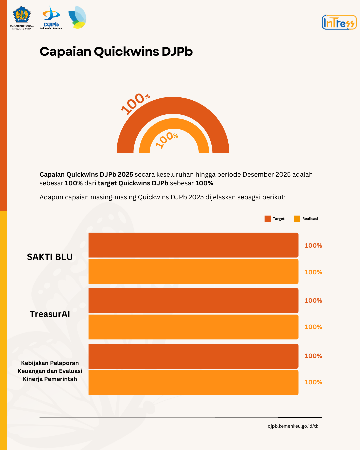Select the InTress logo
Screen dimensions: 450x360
(x=339, y=22)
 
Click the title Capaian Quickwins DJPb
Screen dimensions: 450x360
(x=116, y=52)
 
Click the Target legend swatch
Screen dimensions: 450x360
(x=267, y=219)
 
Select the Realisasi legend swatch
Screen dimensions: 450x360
(x=297, y=219)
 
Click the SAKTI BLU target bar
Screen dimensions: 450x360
(x=193, y=245)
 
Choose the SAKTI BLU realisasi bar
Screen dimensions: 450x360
(x=193, y=271)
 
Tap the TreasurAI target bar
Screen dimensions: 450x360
(x=193, y=300)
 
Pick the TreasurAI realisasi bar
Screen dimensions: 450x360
(x=193, y=327)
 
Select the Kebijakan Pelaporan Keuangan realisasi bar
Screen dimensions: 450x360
(x=193, y=382)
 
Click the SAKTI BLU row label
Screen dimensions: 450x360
(x=50, y=257)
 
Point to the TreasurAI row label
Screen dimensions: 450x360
(x=50, y=314)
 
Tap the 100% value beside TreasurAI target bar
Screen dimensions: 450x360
(x=313, y=300)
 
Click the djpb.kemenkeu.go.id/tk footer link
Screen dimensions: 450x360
(x=293, y=426)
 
